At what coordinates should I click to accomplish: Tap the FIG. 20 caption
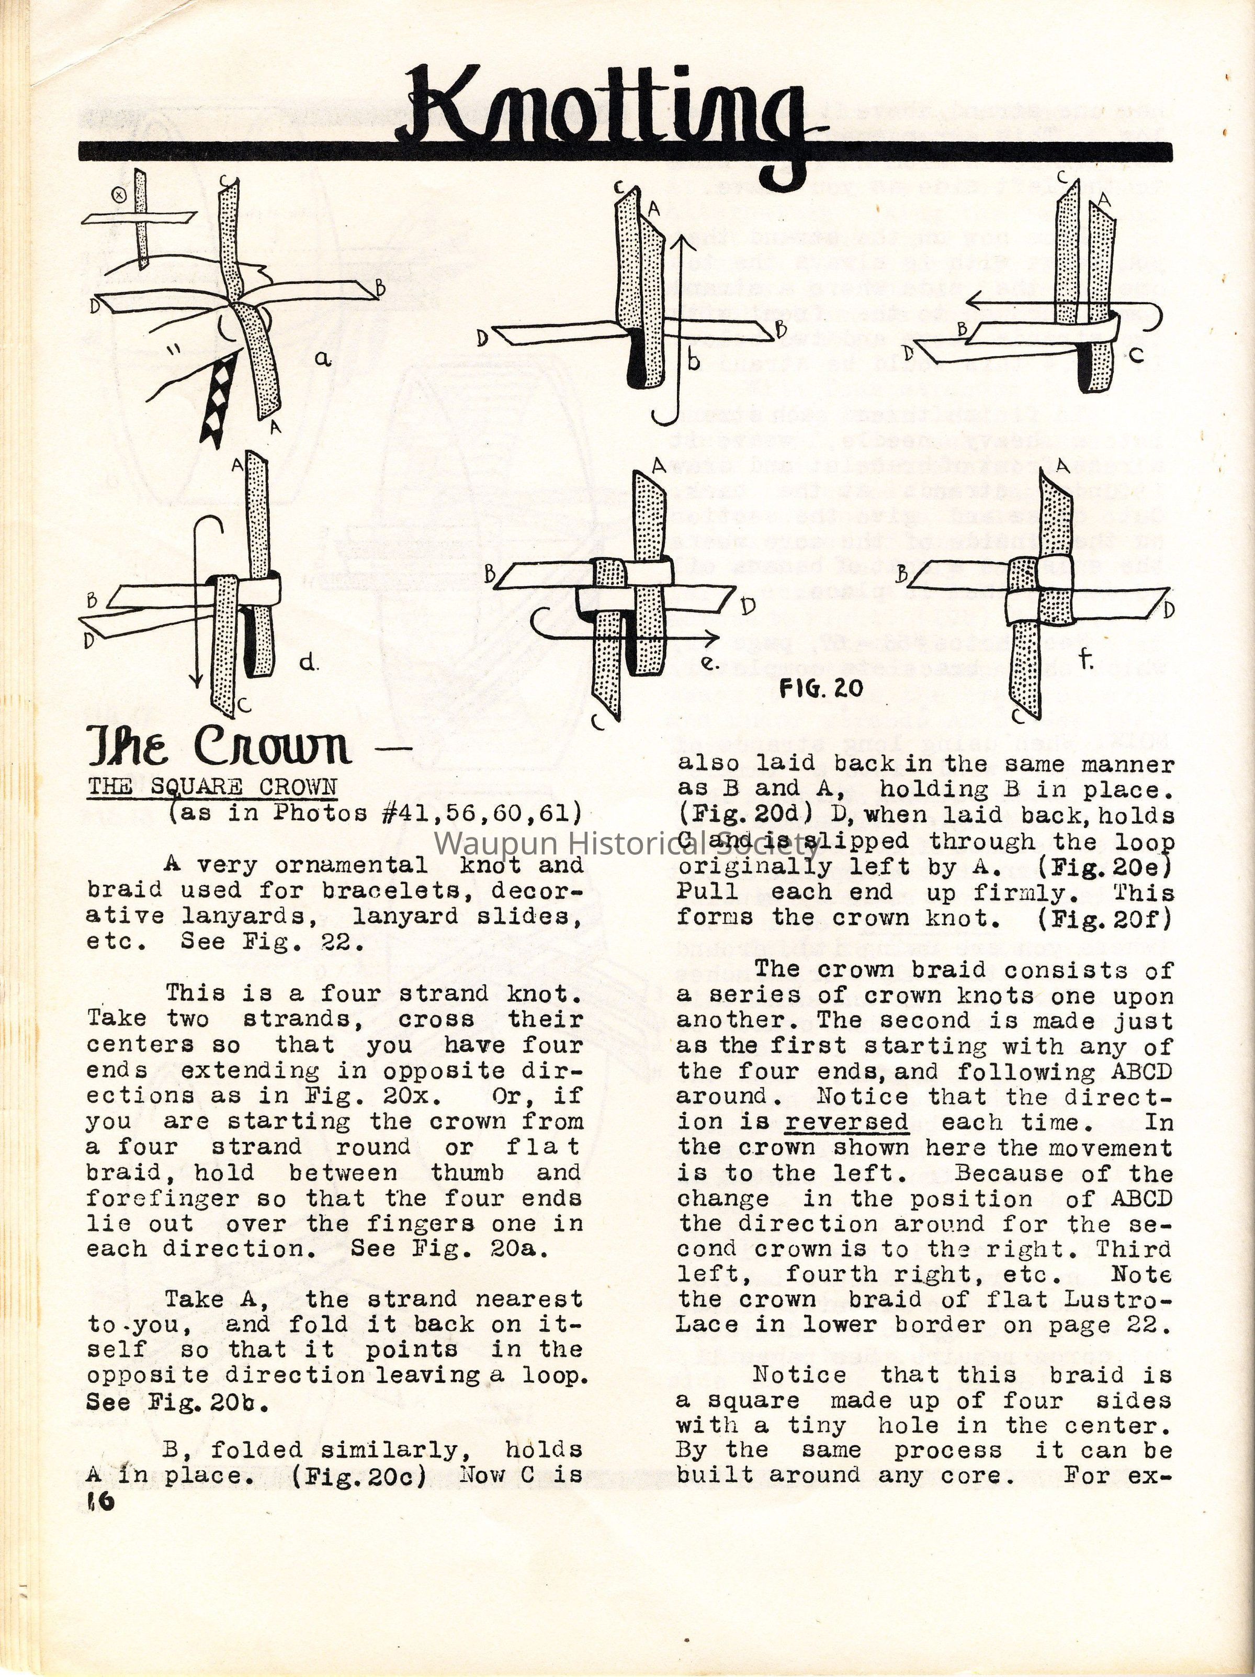pos(821,688)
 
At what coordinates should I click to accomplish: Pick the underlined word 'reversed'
pos(846,1122)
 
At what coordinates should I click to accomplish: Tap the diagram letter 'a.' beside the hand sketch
pos(324,360)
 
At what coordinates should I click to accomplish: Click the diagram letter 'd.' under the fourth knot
pos(307,663)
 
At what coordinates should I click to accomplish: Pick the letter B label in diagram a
pos(380,288)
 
